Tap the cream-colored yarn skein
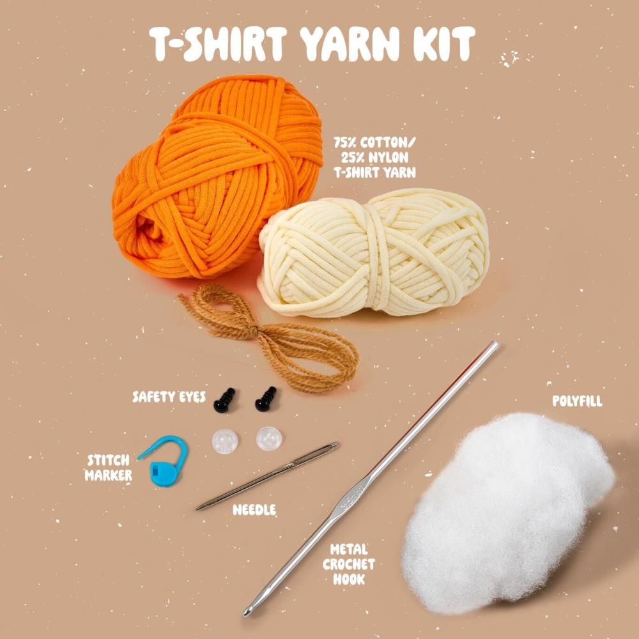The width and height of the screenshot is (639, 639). [377, 252]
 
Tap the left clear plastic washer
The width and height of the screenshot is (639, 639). [224, 441]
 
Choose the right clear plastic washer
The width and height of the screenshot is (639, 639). [269, 439]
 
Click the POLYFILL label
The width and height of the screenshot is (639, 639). [577, 401]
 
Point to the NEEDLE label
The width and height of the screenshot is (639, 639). [254, 509]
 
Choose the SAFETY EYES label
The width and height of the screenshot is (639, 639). [169, 397]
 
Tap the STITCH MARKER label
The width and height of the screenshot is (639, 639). [108, 467]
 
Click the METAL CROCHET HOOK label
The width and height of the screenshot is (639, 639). [349, 564]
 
